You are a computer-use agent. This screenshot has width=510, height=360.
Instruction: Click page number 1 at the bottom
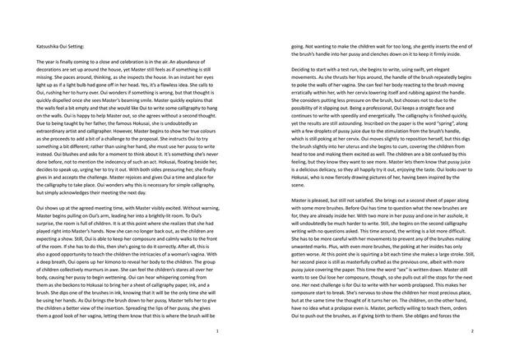click(216, 330)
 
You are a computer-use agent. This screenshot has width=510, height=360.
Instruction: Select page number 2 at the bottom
click(472, 330)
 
